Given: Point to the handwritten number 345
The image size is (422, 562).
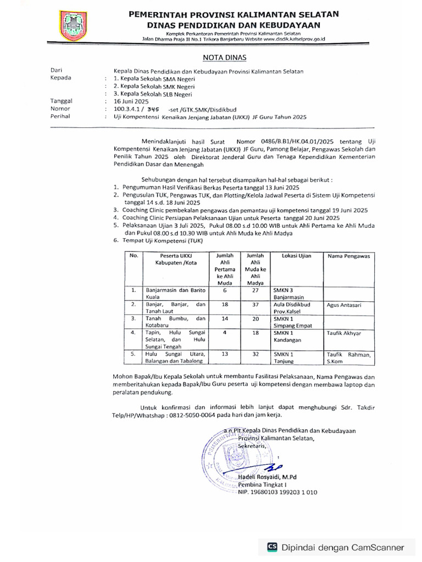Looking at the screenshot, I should [146, 109].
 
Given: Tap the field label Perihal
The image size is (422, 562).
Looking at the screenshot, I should [60, 117].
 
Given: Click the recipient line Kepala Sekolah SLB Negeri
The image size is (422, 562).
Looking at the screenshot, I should [149, 94].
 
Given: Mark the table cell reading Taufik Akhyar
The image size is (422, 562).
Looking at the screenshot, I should [345, 333].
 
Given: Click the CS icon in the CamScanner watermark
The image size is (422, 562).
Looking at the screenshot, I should [271, 547].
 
